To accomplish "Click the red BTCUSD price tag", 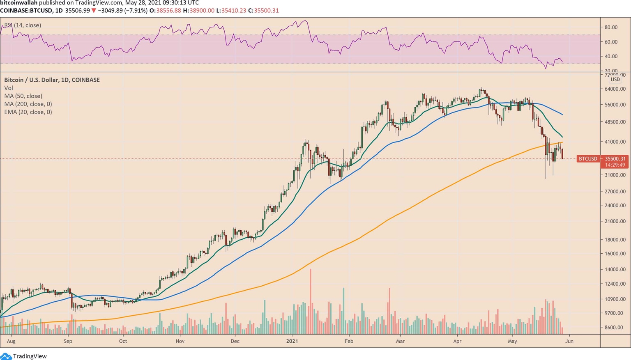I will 587,159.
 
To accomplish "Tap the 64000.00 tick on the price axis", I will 615,89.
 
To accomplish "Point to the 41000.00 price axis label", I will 615,142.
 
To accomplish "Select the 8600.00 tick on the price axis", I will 615,328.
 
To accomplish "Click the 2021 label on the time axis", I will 292,341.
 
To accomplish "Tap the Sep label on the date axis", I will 68,341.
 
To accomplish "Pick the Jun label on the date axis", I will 569,341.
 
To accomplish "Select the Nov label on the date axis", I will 180,341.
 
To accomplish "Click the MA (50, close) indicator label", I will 23,96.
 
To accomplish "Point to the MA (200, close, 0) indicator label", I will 28,104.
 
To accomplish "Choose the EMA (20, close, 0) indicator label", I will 28,112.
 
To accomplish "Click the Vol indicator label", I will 9,88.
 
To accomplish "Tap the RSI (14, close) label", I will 23,25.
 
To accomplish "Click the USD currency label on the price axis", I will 615,80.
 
